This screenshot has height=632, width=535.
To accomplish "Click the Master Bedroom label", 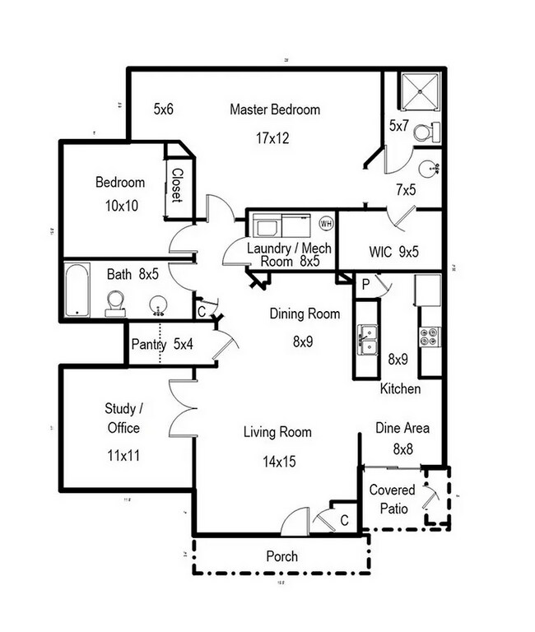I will pos(274,109).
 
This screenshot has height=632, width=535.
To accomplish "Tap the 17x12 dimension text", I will pos(272,138).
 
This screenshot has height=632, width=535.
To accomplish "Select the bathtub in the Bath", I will pos(77,290).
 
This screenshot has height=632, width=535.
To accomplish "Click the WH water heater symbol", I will pos(325,223).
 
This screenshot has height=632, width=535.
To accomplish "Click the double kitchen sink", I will pos(366,337).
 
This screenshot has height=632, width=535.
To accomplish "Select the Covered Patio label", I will pos(392,500).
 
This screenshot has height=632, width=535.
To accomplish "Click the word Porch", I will pos(281,556).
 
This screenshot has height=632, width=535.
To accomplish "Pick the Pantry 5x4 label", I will pos(161,345).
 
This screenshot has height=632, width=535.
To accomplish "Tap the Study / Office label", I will pos(122,418).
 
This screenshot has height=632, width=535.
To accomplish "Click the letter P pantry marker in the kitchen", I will pos(365,285).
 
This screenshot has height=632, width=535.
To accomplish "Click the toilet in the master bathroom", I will pos(426,132).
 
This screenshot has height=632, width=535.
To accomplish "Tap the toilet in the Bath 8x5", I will pos(116,303).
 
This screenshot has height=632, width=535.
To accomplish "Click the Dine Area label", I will pos(402,428).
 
